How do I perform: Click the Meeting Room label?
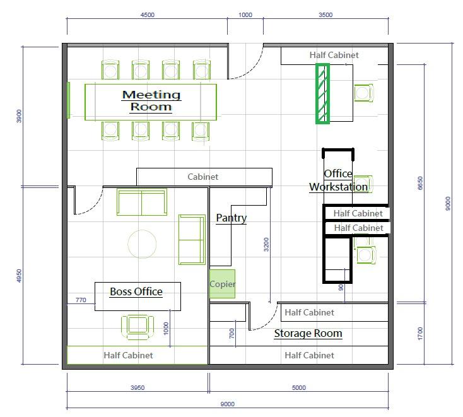point(151,101)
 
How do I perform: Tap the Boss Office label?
point(136,291)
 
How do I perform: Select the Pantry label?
point(232,218)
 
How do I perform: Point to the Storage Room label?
point(308,333)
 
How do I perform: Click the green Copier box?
point(222,283)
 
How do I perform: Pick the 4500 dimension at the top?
point(148,15)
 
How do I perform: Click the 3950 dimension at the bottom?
point(138,387)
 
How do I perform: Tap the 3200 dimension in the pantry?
point(266,245)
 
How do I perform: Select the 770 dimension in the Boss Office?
point(81,300)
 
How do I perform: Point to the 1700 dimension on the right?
point(420,334)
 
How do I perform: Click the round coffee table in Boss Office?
point(142,244)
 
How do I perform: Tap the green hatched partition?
point(322,93)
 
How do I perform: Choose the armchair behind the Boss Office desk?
point(138,327)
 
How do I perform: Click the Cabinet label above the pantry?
point(203,177)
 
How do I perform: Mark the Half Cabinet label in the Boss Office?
point(128,355)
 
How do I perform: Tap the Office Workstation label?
point(338,180)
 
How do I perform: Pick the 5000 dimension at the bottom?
point(299,387)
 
